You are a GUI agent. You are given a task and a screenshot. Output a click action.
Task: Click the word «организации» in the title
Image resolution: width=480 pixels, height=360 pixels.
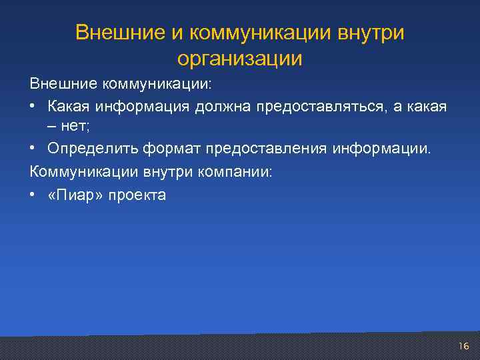tap(240, 59)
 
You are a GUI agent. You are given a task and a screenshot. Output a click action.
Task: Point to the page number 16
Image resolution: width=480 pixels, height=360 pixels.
tap(464, 345)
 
